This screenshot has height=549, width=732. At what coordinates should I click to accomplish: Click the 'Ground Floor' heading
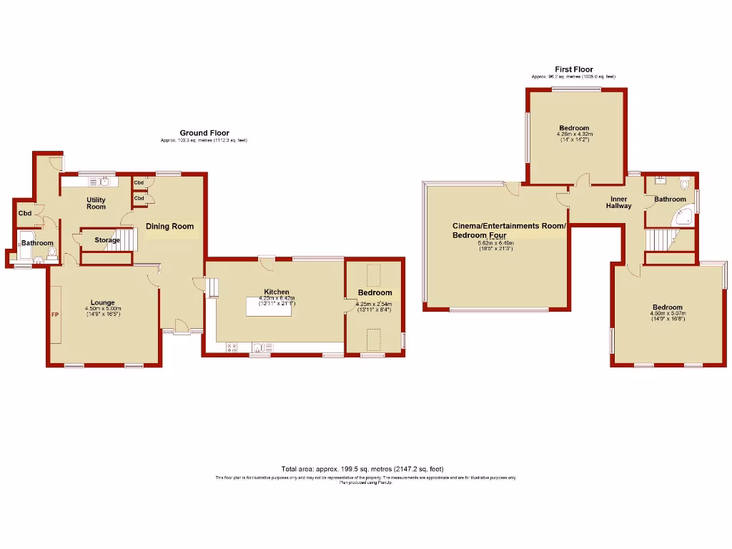tap(204, 133)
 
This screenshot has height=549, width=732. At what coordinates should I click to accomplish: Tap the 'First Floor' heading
tap(573, 69)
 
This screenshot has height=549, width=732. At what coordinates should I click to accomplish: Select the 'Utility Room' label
tap(97, 203)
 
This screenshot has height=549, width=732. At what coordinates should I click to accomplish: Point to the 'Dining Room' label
tap(170, 227)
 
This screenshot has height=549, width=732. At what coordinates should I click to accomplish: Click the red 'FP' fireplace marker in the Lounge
tap(54, 315)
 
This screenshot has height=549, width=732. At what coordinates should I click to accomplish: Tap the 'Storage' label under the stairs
tap(107, 240)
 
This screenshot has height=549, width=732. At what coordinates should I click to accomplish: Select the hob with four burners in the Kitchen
tap(232, 348)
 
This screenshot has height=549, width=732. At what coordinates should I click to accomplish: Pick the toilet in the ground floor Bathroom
tap(52, 254)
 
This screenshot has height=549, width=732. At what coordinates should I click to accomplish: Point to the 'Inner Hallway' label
tap(618, 202)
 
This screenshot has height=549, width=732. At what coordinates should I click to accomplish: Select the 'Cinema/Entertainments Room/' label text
tap(509, 226)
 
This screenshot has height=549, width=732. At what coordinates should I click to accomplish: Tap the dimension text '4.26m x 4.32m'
tap(575, 134)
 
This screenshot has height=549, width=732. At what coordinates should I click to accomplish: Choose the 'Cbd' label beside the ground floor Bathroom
tap(25, 213)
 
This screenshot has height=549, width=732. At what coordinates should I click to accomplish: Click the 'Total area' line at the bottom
tap(367, 468)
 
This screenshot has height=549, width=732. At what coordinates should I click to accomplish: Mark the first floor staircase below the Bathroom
tap(661, 239)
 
